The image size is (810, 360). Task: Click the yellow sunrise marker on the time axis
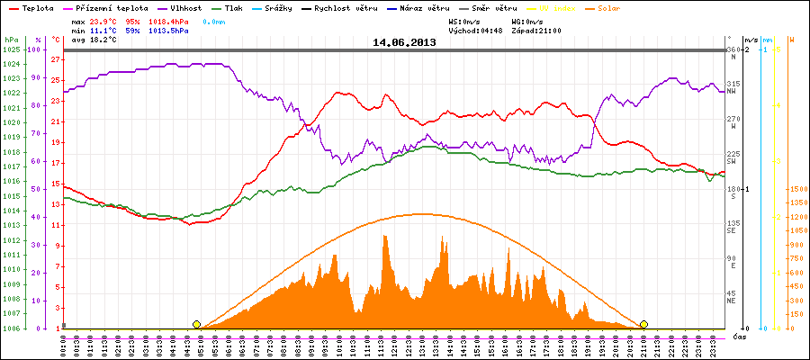pos(196,324)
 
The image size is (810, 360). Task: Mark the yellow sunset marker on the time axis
pos(643,324)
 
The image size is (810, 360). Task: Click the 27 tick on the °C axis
pos(55,60)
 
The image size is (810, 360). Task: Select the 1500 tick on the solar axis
pos(796,189)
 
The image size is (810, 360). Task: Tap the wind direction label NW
pos(733,91)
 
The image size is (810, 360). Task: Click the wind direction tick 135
pos(733,223)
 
